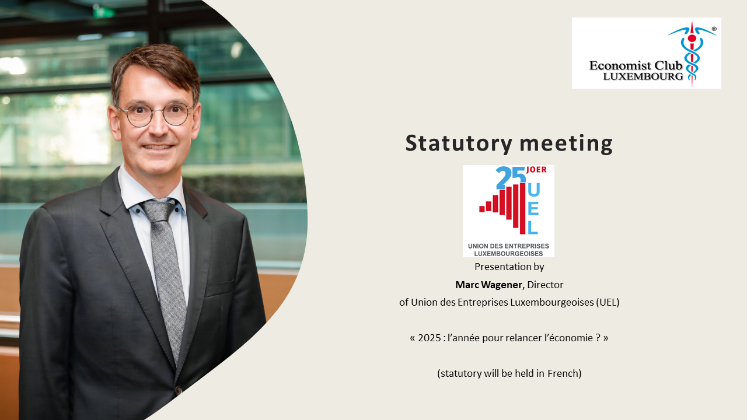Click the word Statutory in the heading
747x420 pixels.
point(459,144)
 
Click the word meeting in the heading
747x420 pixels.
point(566,144)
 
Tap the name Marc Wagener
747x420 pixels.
point(488,285)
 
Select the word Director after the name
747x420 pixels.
point(545,285)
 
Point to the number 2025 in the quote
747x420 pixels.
point(430,338)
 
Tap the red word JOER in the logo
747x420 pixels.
point(536,170)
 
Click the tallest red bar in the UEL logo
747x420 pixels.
point(522,208)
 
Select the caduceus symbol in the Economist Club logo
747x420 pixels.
point(692,53)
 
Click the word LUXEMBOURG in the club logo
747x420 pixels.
point(643,76)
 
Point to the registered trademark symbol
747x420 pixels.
point(714,29)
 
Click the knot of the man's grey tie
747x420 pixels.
point(159,211)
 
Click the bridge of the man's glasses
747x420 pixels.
point(158,111)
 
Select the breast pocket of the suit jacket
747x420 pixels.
point(219,288)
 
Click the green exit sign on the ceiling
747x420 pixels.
point(104,12)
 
